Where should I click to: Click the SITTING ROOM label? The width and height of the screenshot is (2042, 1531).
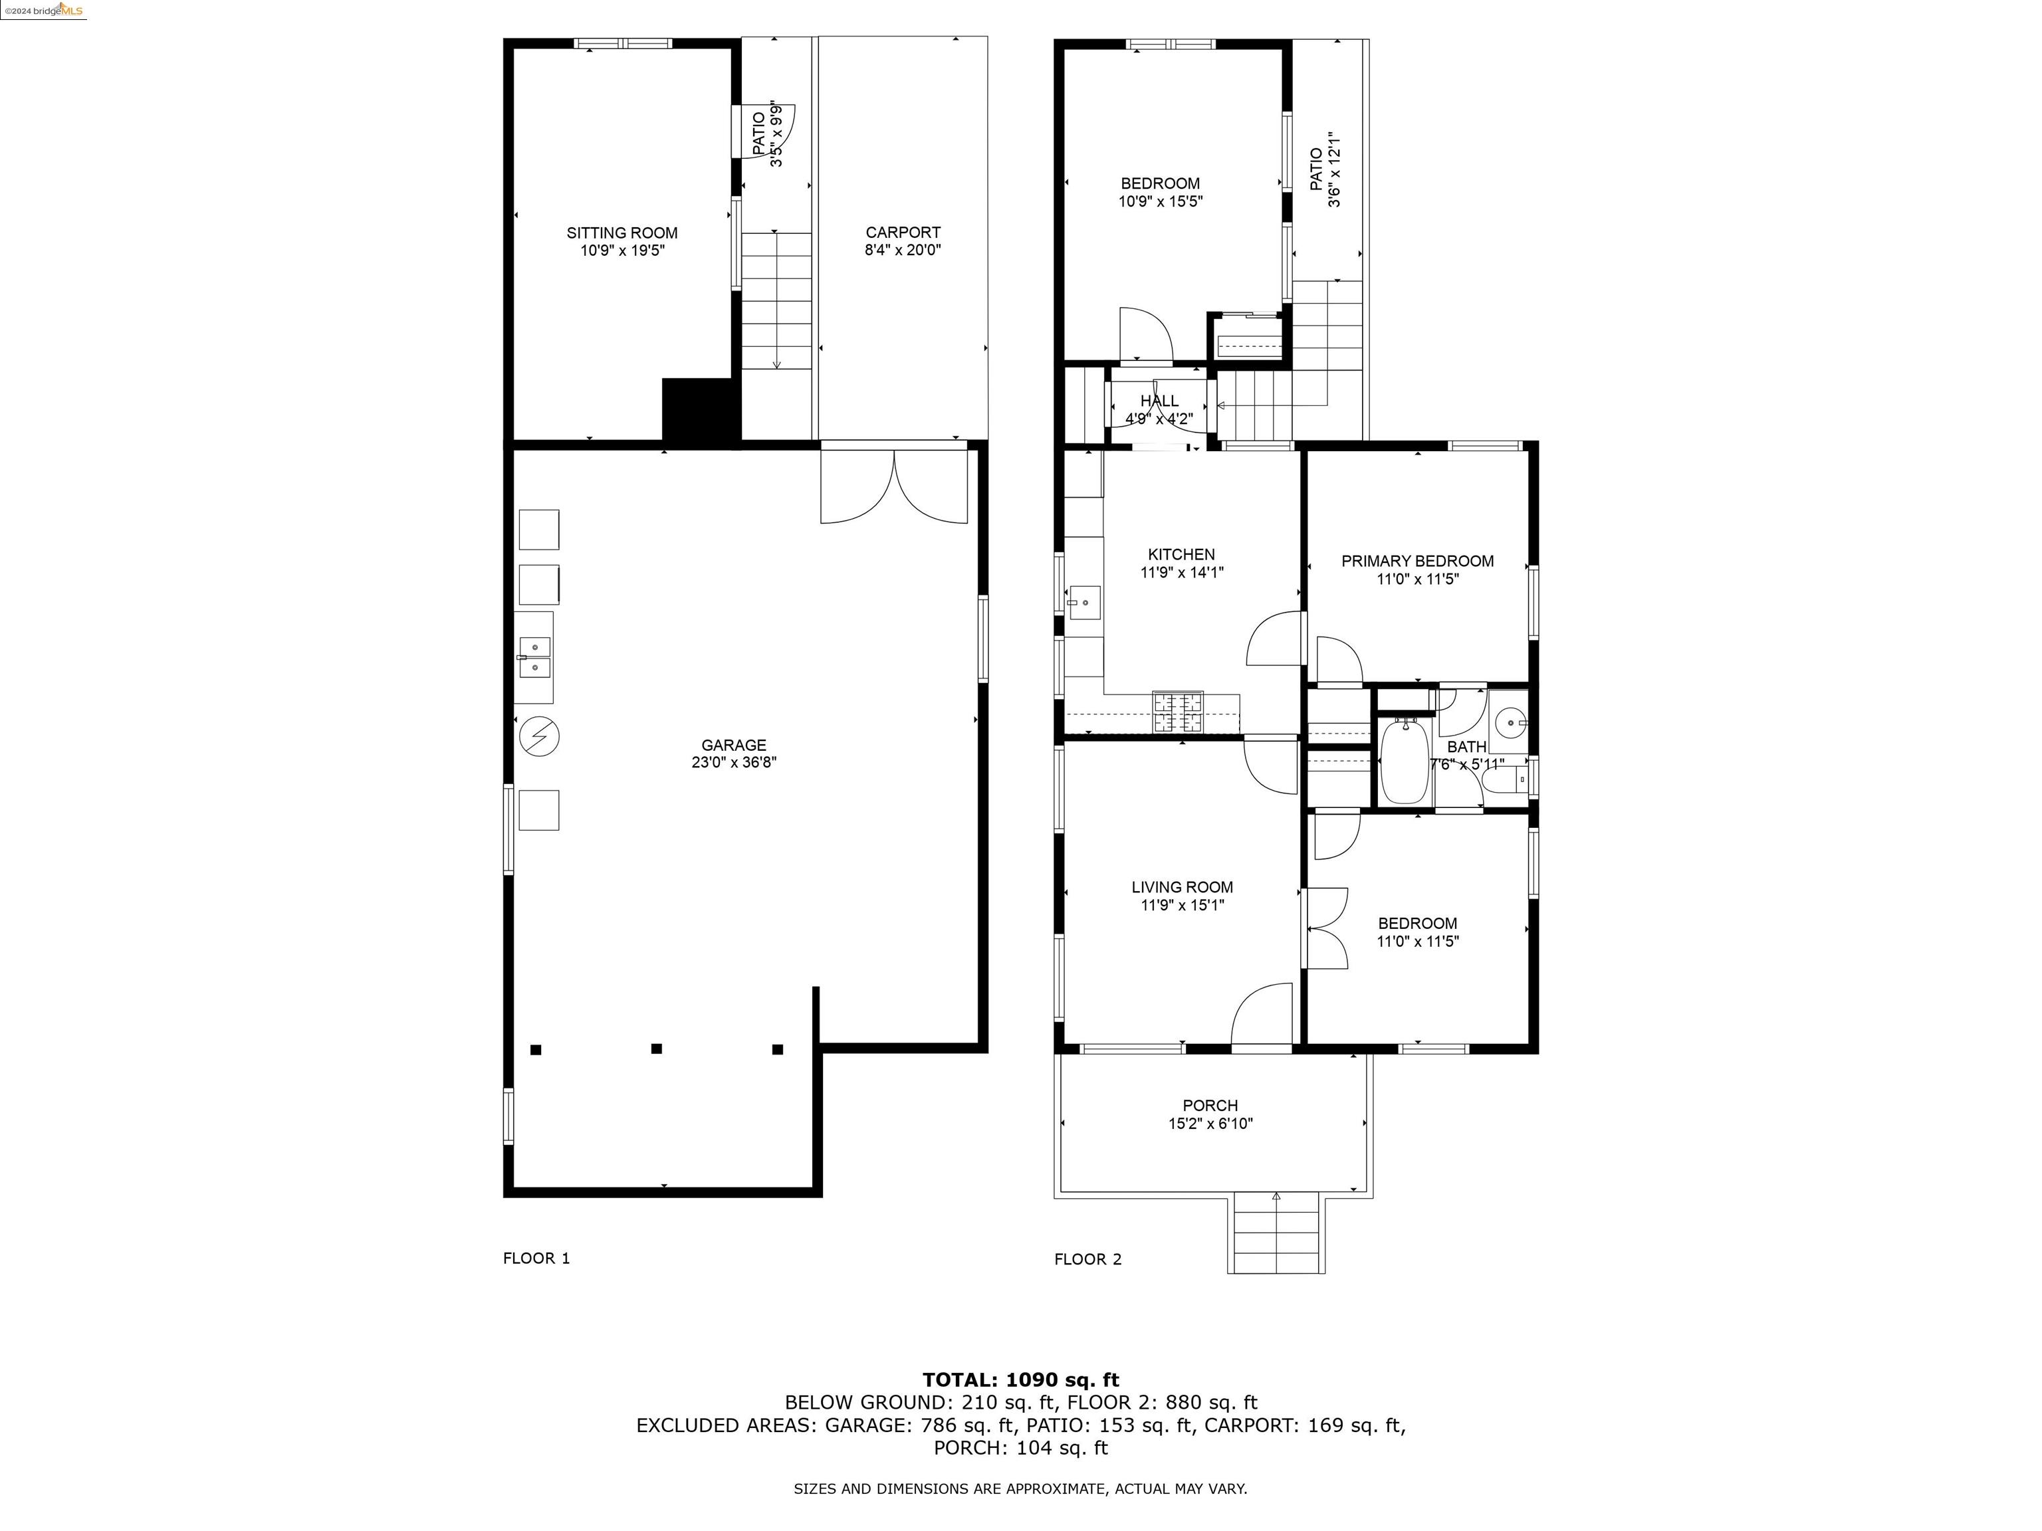click(622, 233)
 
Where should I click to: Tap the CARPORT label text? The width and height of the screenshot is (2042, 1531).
click(903, 233)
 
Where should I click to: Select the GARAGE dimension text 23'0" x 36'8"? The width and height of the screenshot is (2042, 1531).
click(734, 762)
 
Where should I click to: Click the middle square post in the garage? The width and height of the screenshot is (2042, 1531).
click(656, 1049)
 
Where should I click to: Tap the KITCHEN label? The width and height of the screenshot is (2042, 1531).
click(1182, 555)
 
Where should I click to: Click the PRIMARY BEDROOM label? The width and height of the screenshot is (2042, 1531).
click(1417, 561)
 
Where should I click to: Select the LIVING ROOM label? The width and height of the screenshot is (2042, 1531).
click(1183, 888)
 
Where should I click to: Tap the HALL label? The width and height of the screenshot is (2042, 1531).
click(1159, 401)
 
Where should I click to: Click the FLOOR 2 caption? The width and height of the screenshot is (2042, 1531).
click(1088, 1259)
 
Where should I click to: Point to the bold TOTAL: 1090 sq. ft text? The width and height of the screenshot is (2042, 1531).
click(1021, 1379)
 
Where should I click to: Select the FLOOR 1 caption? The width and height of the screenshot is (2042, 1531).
click(536, 1258)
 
